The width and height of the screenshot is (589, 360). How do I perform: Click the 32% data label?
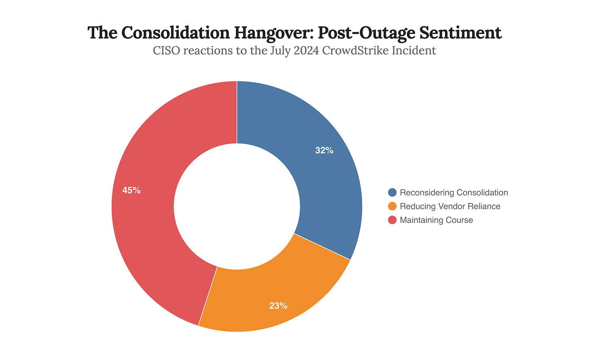(x=324, y=150)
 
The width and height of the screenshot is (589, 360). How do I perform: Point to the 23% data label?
(x=278, y=306)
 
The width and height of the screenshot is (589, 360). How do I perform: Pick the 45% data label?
(x=131, y=190)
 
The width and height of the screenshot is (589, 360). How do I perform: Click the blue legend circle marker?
(x=392, y=193)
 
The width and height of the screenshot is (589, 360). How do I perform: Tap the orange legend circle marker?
(x=392, y=206)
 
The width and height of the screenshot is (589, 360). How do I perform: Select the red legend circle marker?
(x=392, y=220)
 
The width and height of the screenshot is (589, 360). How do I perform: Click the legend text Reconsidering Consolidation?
(x=453, y=193)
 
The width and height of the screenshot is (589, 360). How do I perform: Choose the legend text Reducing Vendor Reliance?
(x=450, y=206)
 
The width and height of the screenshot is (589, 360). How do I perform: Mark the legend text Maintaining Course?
(x=436, y=220)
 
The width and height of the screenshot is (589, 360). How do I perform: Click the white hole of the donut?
(x=237, y=206)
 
